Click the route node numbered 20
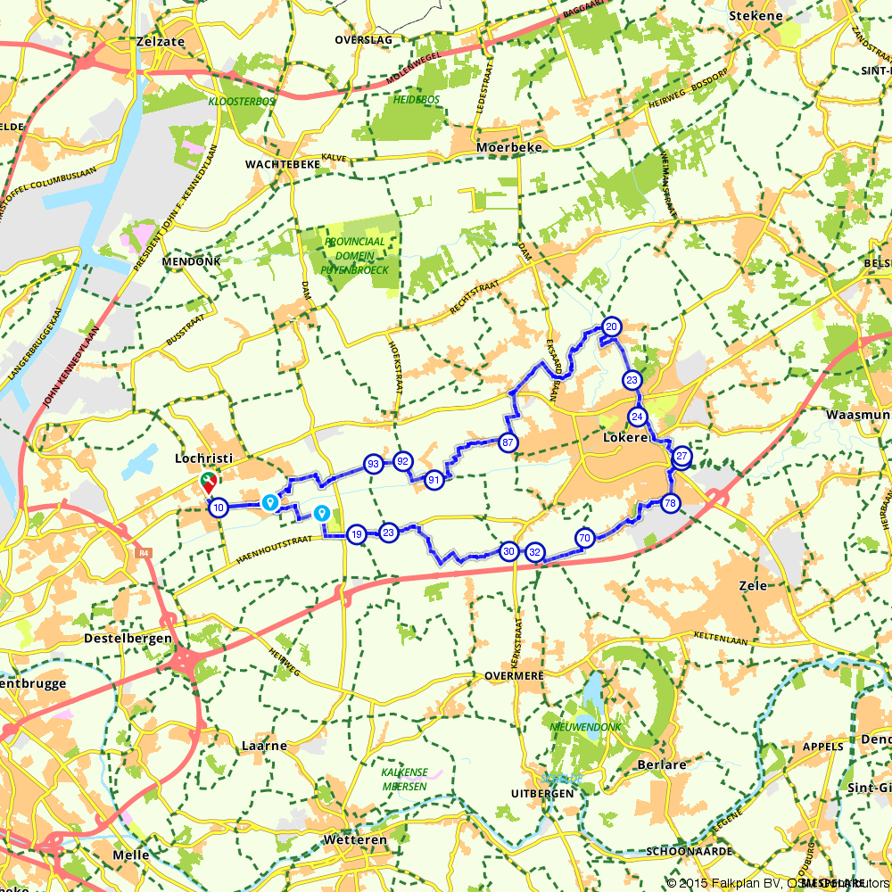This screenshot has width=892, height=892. [x=611, y=326]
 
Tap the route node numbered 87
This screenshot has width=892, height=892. [x=508, y=442]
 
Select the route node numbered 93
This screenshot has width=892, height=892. [x=373, y=463]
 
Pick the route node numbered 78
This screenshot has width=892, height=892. [x=671, y=503]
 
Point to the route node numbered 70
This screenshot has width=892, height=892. [x=585, y=538]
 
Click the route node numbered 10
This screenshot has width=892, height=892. [x=218, y=508]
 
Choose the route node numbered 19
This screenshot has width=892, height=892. [x=357, y=534]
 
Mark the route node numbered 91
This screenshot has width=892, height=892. [x=434, y=480]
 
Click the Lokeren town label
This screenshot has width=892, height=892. [x=624, y=439]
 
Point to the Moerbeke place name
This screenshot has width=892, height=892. [x=509, y=147]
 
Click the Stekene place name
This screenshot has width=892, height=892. [x=756, y=15]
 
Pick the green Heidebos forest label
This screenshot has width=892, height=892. [x=417, y=100]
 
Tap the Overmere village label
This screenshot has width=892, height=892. [x=514, y=675]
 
